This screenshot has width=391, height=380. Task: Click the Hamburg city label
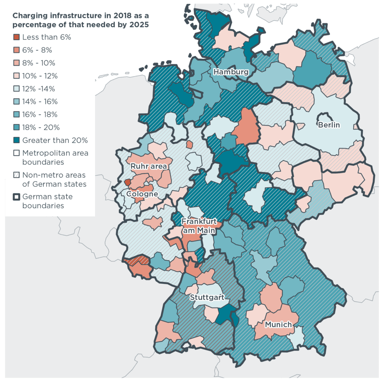coord(231,72)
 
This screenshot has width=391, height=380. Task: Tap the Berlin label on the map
coord(329,125)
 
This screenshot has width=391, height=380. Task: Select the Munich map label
coord(278,324)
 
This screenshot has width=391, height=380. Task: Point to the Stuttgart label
coord(207,297)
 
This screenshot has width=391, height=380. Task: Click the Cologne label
coord(142,194)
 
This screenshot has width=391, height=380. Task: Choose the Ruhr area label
coord(149,166)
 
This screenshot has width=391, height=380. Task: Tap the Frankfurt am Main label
coord(199,226)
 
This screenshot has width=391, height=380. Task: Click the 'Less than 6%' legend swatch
coord(16,37)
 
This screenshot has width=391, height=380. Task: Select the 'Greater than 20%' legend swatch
coord(16,140)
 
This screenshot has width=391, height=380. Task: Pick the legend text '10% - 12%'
coord(40,76)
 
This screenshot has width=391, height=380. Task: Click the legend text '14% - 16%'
coord(40,102)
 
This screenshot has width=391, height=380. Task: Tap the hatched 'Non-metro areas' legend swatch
coord(16,175)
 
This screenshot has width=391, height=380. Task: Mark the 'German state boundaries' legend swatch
coord(16,197)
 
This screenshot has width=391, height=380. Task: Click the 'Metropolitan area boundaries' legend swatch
coord(16,153)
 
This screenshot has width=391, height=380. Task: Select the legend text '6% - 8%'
coord(37,50)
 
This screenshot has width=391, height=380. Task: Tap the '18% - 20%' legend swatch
coord(16,127)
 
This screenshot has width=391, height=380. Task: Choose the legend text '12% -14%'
coord(39,89)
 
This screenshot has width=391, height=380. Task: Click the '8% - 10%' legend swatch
coord(16,63)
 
